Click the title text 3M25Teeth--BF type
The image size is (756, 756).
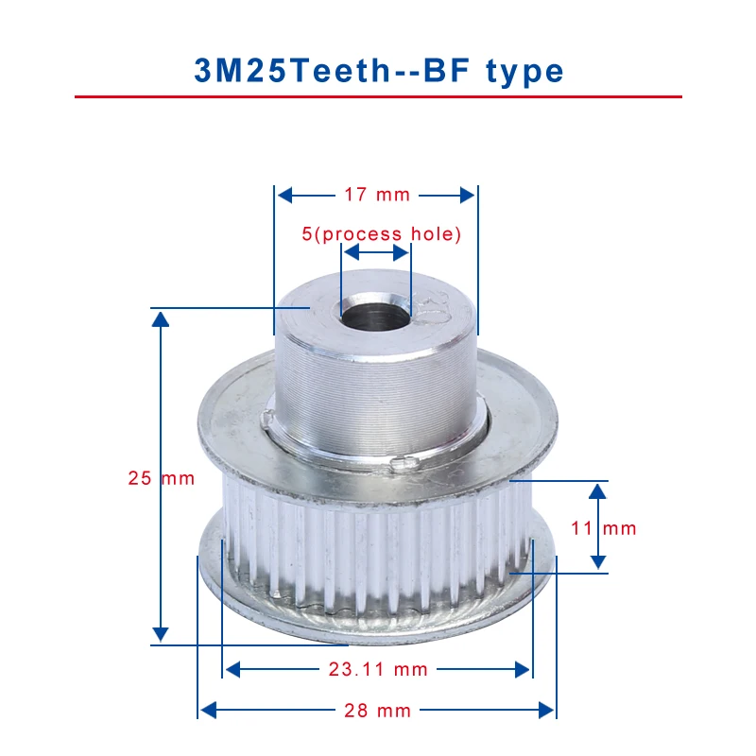tap(379, 71)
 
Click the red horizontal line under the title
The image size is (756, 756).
tap(379, 97)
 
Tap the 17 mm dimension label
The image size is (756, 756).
tap(377, 195)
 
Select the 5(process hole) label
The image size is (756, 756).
tap(382, 234)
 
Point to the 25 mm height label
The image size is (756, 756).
tap(162, 478)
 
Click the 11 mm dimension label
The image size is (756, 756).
tap(604, 528)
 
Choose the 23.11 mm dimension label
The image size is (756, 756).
tap(379, 669)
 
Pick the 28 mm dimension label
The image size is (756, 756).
tap(377, 711)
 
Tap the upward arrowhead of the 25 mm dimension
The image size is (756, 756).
tap(161, 319)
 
